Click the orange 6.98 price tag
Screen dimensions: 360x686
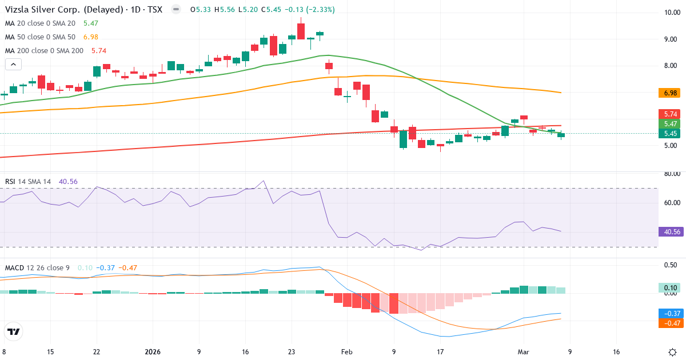coord(668,93)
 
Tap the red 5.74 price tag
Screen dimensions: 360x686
coord(668,114)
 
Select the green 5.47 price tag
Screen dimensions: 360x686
coord(668,123)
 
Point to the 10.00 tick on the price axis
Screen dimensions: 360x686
coord(668,13)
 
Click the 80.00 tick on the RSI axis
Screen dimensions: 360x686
coord(668,174)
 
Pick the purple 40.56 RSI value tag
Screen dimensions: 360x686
coord(668,232)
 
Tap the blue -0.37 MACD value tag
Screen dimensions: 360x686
coord(668,314)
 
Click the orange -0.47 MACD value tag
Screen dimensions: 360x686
coord(668,323)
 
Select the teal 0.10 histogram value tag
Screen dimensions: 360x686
coord(668,287)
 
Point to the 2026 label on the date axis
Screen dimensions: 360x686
coord(153,352)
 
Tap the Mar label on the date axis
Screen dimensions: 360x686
coord(524,352)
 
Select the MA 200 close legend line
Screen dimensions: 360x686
coord(44,50)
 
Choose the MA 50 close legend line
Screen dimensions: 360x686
coord(40,37)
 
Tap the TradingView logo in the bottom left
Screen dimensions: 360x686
coord(13,331)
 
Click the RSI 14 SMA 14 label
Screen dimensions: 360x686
coord(28,182)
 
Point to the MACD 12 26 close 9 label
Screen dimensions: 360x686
coord(37,267)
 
